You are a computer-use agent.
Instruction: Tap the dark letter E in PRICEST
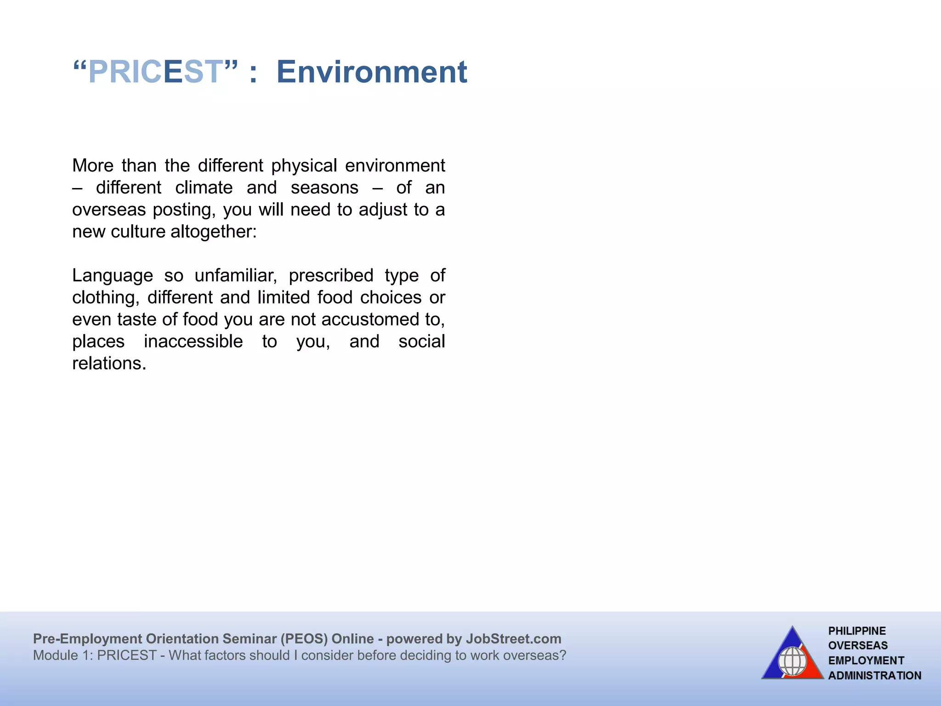click(x=173, y=72)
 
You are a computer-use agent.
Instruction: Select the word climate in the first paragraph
click(x=204, y=188)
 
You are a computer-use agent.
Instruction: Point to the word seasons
click(x=324, y=188)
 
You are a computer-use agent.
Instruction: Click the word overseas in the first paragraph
click(x=109, y=210)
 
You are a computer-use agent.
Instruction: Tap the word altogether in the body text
click(x=213, y=232)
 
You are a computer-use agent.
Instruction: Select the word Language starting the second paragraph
click(x=113, y=276)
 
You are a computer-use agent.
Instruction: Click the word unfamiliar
click(x=235, y=276)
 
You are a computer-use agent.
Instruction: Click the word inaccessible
click(x=193, y=342)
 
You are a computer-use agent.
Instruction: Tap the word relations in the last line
click(x=108, y=364)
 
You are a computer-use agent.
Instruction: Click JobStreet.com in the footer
click(x=513, y=639)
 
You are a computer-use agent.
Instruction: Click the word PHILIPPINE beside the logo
click(x=857, y=631)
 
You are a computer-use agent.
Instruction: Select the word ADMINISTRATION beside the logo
click(x=874, y=676)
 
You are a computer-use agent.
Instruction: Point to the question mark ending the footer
click(x=562, y=655)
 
